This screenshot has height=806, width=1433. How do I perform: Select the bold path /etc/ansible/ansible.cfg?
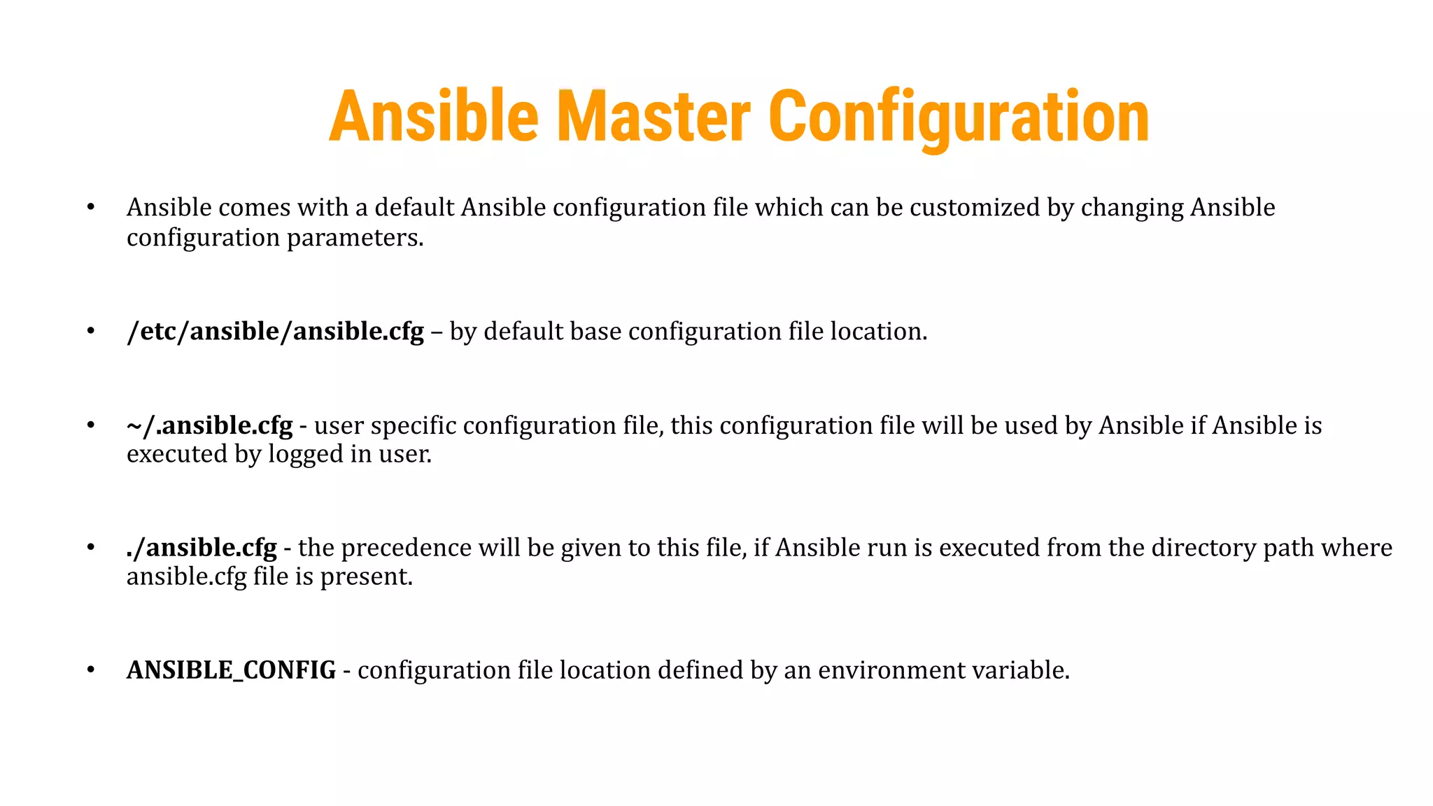click(x=275, y=331)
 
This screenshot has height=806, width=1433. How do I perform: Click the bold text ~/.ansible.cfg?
click(x=209, y=425)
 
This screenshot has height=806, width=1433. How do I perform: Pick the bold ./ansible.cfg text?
click(x=202, y=547)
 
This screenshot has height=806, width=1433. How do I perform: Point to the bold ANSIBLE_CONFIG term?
click(x=231, y=670)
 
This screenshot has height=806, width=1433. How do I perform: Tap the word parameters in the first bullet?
click(x=355, y=238)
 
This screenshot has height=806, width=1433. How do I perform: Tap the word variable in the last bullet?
click(x=1024, y=670)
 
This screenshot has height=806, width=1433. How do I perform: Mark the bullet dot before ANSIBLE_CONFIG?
click(x=90, y=670)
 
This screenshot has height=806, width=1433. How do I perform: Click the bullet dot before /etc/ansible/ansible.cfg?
click(x=90, y=331)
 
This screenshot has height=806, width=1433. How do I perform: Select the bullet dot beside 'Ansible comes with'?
click(x=90, y=207)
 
